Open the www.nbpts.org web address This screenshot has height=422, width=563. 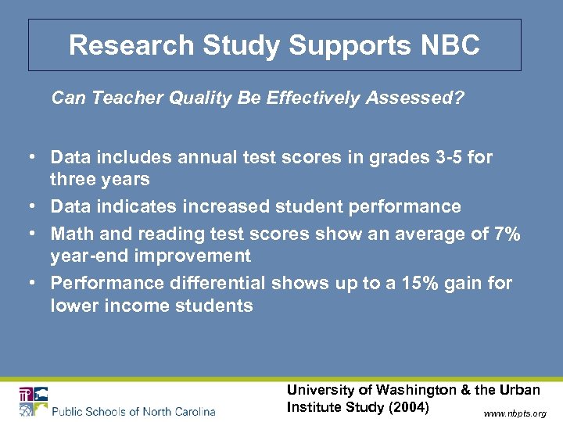click(515, 413)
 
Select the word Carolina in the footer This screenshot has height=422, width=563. click(188, 411)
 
